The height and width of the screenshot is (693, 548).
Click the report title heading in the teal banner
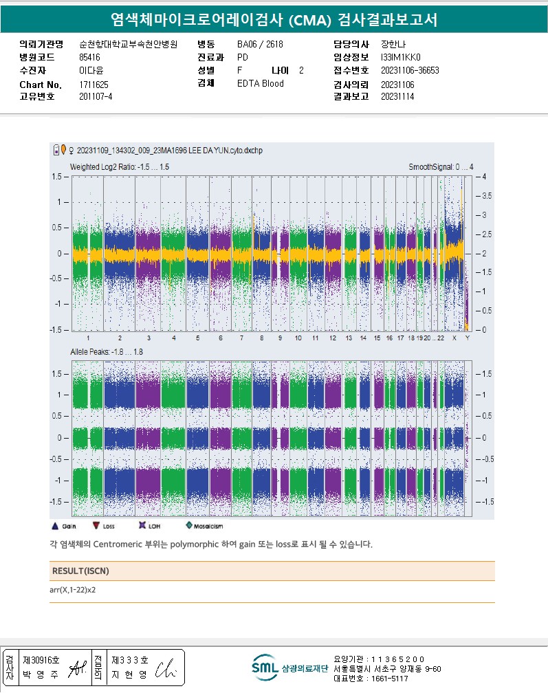click(x=274, y=19)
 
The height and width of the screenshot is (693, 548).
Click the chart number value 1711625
click(x=94, y=85)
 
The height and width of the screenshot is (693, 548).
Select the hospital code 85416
click(x=90, y=57)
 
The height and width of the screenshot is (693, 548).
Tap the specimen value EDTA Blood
click(x=261, y=84)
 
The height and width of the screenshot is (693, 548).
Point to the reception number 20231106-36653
click(x=410, y=70)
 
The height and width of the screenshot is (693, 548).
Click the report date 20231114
click(x=397, y=96)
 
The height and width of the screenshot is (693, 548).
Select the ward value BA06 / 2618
click(x=260, y=44)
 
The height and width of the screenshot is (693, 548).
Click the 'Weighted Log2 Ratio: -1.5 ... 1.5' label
click(x=120, y=167)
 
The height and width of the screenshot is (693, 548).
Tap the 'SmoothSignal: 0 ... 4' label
click(x=441, y=167)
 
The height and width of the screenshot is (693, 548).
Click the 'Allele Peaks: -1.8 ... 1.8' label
click(x=106, y=352)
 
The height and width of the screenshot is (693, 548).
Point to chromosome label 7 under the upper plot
click(x=241, y=338)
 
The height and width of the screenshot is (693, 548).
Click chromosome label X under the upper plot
click(x=454, y=338)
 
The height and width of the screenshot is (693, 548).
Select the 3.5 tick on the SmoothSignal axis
click(x=485, y=196)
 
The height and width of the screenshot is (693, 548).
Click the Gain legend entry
click(x=63, y=527)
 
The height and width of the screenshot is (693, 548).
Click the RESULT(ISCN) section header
click(x=80, y=571)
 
